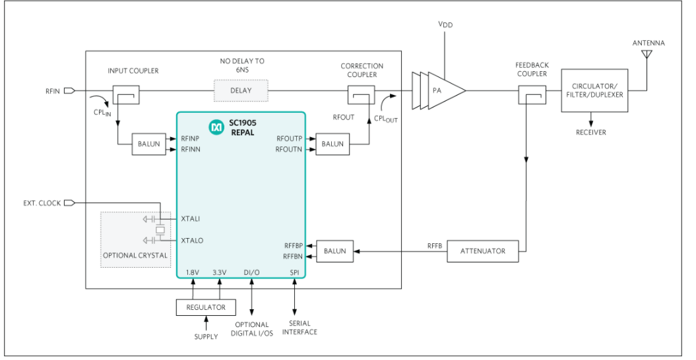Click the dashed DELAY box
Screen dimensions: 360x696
coord(241,90)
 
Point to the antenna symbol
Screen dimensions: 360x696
coord(647,54)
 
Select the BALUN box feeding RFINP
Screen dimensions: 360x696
coord(149,144)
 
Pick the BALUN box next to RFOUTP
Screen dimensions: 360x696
coord(333,144)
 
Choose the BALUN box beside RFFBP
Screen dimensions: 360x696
coord(334,251)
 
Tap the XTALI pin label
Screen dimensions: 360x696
coord(191,218)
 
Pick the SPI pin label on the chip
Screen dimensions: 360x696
coord(294,272)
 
